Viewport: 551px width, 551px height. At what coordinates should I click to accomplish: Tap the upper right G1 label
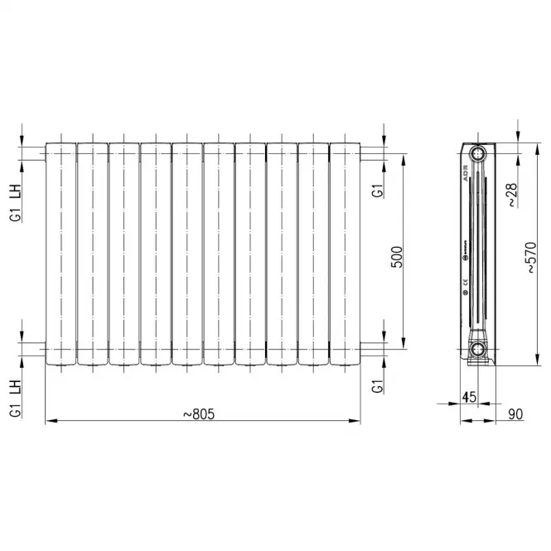coord(377,189)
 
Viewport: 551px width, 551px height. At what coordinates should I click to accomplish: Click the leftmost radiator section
coord(60,254)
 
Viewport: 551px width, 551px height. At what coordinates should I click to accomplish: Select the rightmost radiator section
coord(345,254)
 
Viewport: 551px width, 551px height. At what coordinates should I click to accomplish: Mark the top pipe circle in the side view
coord(478,154)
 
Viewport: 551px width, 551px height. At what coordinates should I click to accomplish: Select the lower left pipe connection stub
coord(38,349)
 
